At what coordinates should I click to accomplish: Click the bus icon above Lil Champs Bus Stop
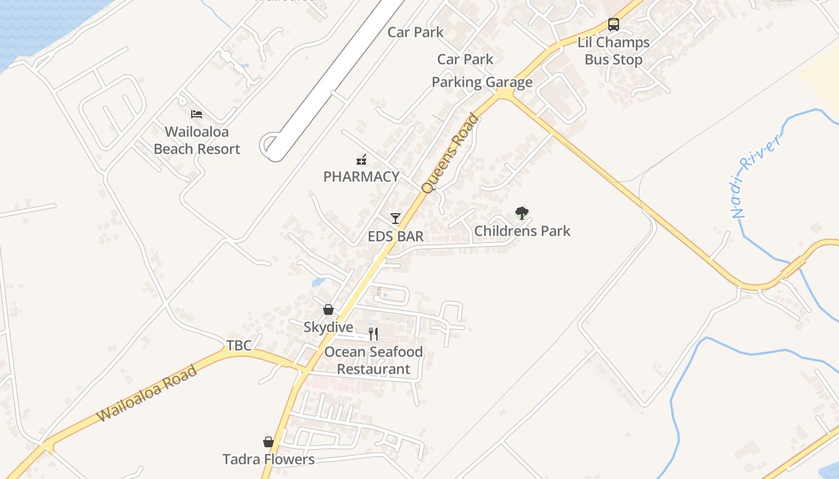click(x=613, y=25)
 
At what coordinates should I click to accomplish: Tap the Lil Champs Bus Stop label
click(x=613, y=51)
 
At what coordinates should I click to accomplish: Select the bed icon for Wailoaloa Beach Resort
click(x=197, y=114)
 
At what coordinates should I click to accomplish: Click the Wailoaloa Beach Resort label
click(x=197, y=140)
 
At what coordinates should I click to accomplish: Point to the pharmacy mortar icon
click(x=361, y=159)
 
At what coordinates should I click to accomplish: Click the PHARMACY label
click(x=361, y=177)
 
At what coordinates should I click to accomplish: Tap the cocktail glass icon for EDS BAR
click(x=395, y=219)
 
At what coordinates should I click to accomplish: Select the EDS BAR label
click(x=396, y=237)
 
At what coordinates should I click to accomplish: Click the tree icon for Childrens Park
click(x=522, y=213)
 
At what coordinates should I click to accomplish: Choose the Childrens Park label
click(x=522, y=231)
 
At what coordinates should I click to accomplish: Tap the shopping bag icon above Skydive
click(x=328, y=310)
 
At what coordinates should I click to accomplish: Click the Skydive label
click(x=328, y=328)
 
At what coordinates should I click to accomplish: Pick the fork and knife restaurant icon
click(x=373, y=334)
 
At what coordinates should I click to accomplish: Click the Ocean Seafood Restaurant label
click(x=373, y=360)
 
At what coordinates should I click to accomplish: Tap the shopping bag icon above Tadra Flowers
click(x=268, y=442)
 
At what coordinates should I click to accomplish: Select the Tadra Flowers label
click(x=268, y=459)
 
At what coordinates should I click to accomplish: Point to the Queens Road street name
click(x=450, y=153)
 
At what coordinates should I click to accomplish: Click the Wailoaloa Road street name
click(x=147, y=393)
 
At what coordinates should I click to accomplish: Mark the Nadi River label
click(x=756, y=176)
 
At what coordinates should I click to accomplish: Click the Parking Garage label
click(x=482, y=82)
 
